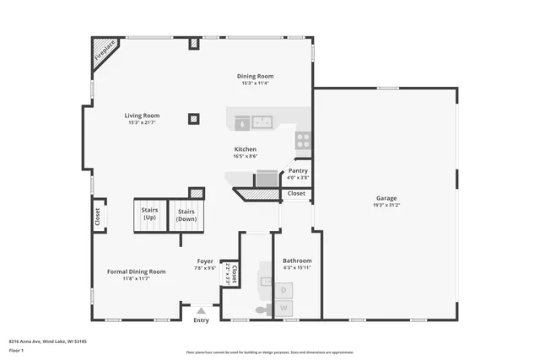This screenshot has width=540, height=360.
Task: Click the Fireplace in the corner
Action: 104,51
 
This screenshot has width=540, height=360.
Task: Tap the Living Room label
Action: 142,116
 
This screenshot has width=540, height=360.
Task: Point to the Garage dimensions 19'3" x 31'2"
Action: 386,205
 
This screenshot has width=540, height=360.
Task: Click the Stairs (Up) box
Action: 149,216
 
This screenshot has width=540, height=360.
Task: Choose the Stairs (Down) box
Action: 186,216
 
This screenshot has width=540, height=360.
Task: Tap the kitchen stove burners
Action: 302,140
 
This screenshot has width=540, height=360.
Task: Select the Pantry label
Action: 298,170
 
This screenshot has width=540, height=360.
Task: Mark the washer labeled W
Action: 284,308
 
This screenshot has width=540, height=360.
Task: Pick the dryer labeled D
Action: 284,290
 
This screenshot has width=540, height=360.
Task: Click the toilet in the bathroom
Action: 262,310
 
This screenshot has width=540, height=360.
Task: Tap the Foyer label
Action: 205,261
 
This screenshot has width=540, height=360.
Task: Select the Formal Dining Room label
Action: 136,271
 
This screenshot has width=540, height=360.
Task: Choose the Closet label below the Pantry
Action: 296,193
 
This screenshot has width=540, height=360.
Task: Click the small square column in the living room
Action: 194,119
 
